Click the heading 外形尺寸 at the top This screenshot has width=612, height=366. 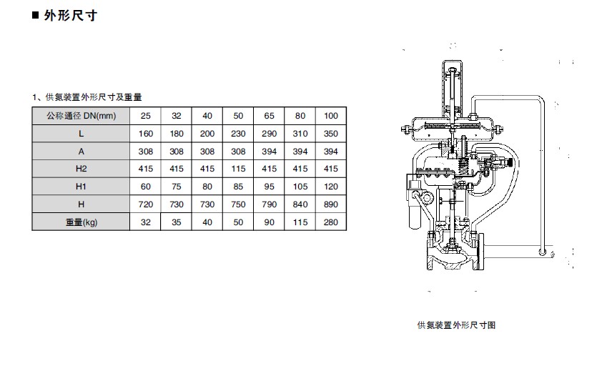71,16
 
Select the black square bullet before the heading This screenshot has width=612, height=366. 36,16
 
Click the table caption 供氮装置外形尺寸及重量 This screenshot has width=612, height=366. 94,97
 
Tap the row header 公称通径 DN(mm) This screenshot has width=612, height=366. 82,116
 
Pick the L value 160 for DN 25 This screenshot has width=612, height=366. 146,134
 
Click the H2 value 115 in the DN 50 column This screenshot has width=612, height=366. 238,169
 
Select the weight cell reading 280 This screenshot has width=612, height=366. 330,222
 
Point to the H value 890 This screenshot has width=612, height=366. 330,204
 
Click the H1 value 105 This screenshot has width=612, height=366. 300,187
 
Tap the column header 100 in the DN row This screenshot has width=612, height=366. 330,116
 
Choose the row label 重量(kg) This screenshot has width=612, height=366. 82,222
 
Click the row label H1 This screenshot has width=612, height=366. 81,187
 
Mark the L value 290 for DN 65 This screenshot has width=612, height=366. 270,134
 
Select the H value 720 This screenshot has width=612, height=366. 146,204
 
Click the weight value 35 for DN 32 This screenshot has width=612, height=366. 177,222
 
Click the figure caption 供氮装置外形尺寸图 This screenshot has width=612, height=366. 456,325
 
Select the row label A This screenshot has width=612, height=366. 82,152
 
